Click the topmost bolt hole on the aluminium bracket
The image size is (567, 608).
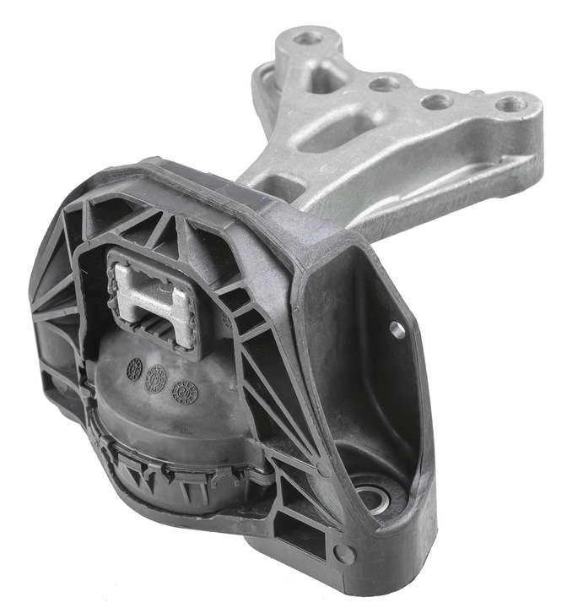pos(309,37)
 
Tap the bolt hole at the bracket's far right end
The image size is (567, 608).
pos(510,105)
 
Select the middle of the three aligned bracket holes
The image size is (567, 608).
pos(436,102)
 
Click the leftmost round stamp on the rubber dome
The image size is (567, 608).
pos(134,367)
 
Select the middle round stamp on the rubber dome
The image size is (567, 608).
pos(155,382)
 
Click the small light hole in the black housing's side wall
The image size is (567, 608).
pos(397,330)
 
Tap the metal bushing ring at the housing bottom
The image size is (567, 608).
pos(369,496)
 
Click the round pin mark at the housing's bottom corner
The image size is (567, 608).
pos(343,555)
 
